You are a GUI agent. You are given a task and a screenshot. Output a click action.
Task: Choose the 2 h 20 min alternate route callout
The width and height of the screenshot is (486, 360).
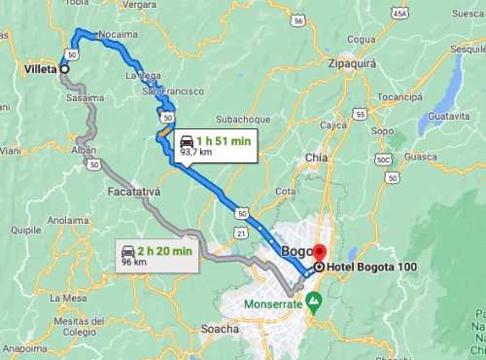[157, 255]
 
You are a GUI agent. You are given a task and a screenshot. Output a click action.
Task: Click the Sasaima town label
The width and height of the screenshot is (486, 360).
[85, 99]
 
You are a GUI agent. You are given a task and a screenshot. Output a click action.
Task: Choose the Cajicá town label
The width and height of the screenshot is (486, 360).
[333, 126]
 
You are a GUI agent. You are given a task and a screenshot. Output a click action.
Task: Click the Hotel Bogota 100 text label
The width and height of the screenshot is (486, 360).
[371, 268]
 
